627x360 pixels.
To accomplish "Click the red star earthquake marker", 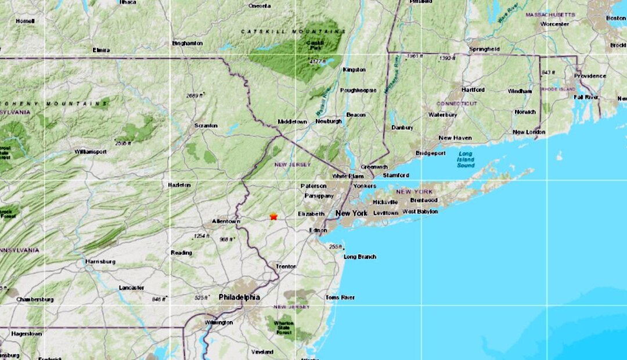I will [273, 217].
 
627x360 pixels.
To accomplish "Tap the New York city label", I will [351, 214].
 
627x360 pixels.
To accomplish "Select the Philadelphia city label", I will [239, 297].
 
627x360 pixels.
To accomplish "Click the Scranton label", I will [206, 125].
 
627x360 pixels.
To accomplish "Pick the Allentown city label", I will [226, 222].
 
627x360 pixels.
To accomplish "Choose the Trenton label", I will [286, 267].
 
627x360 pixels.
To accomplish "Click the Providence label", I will [590, 76].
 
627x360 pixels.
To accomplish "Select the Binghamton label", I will [188, 43].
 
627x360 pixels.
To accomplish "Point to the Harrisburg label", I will [100, 261].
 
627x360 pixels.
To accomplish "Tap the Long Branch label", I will [360, 257].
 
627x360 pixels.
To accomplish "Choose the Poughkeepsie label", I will [358, 91].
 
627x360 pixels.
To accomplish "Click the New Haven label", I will [455, 138].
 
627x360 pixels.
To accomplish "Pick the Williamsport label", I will [91, 152].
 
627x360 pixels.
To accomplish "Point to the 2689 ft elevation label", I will [195, 95].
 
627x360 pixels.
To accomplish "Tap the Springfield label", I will [484, 49].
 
